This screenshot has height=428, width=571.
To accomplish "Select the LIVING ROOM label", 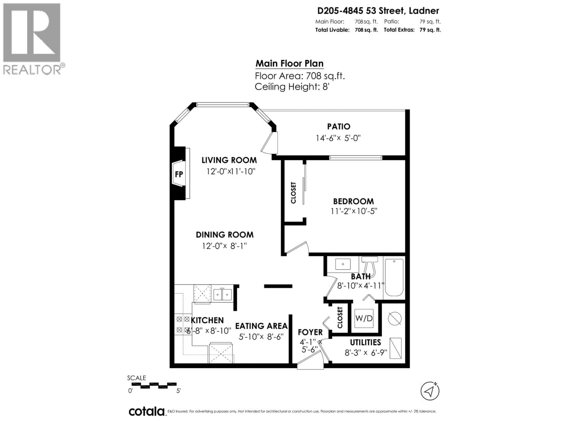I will pos(229,160).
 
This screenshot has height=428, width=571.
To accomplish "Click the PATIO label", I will pos(339,126).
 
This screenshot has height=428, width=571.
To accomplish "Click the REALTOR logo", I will pos(32,39).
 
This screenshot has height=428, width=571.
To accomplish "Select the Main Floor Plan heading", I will pos(289,63).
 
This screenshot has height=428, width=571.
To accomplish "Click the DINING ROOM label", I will pos(225,235).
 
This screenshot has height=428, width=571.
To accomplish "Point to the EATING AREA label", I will pos(261,326).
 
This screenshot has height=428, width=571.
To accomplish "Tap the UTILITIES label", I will pos(365,342).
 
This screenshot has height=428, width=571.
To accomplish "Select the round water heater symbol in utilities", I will pos(394,319).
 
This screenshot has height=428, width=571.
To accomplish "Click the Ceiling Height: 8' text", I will pos(292,87).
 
